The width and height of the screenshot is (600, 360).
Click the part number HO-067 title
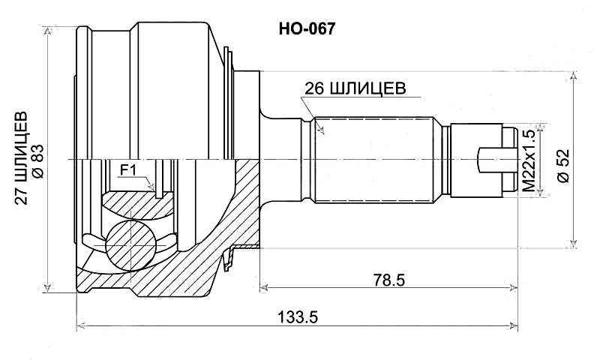click(x=307, y=29)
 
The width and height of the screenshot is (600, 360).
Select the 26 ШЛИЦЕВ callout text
click(x=355, y=88)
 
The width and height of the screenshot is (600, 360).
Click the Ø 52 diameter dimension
click(x=564, y=163)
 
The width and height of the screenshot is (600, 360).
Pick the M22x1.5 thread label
click(x=528, y=159)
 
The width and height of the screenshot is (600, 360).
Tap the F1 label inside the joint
click(x=127, y=170)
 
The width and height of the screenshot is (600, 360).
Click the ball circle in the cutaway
click(x=129, y=244)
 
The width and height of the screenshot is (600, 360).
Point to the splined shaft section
click(x=375, y=160)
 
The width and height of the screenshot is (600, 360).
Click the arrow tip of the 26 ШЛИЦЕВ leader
click(x=322, y=133)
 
